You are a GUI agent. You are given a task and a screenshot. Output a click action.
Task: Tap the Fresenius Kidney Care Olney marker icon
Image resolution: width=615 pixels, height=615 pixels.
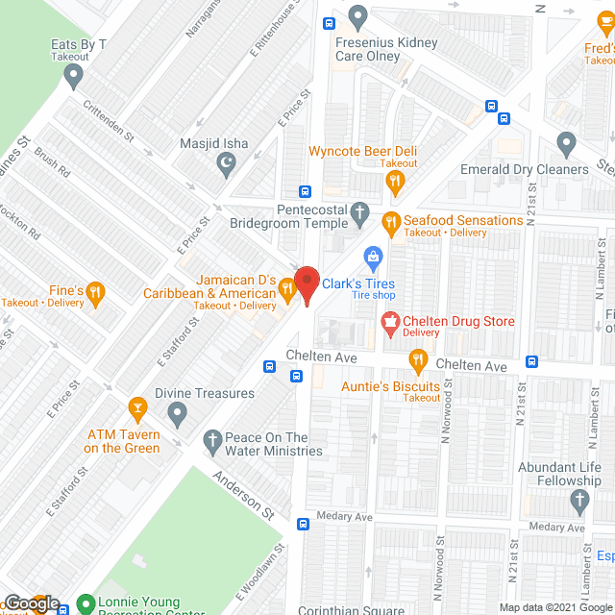click(358, 16)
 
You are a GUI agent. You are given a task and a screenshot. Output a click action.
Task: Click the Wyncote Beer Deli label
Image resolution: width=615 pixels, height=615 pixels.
click(362, 151)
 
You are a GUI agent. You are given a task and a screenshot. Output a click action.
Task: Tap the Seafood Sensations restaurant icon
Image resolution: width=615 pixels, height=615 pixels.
click(390, 221)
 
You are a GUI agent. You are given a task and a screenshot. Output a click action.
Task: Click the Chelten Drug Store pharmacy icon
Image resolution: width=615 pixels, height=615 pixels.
click(390, 322)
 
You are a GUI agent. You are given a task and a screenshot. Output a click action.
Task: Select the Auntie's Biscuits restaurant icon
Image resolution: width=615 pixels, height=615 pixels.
click(417, 361)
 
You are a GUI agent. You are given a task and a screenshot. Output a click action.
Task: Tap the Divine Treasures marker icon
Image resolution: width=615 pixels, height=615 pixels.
click(176, 414)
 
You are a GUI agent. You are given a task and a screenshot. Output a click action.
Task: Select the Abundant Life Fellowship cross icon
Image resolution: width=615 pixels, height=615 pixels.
click(578, 500)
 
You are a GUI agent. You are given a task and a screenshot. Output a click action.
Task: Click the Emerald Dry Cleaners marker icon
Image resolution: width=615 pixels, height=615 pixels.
click(566, 146)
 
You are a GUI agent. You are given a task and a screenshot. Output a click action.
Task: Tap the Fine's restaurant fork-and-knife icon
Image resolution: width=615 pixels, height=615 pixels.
click(94, 290)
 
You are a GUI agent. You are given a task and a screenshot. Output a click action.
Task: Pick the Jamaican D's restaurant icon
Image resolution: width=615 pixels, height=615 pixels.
click(285, 286)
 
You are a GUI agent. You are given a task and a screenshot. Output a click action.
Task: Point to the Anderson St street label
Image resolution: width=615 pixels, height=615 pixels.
click(244, 489)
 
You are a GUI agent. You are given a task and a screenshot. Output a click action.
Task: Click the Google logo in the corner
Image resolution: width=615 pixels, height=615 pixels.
click(31, 603)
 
